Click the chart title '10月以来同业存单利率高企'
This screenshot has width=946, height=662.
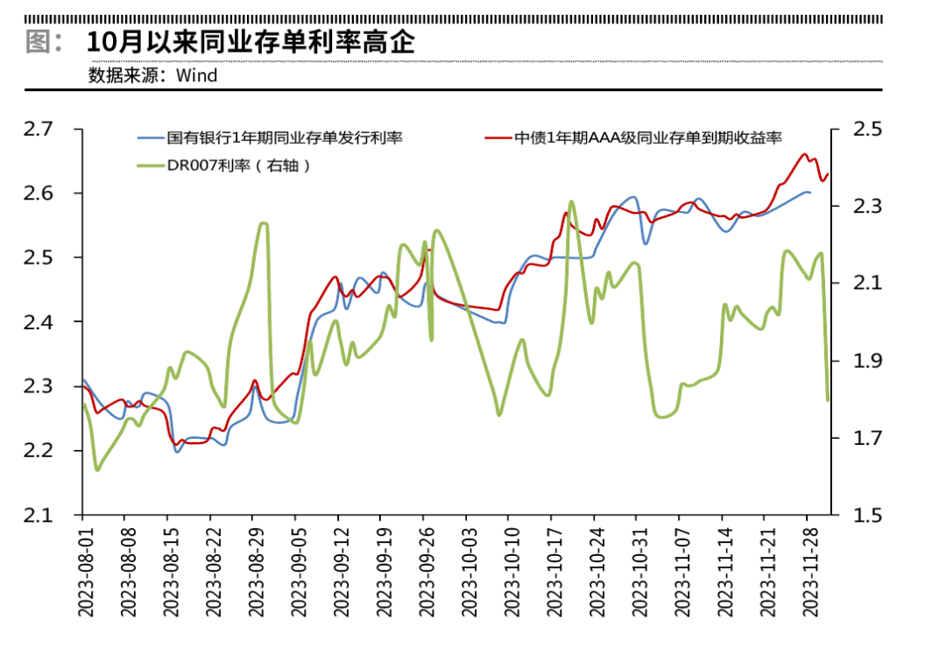point(251,42)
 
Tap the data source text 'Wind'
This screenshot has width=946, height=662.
point(197,76)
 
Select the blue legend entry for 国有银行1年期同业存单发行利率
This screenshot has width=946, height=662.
point(271,138)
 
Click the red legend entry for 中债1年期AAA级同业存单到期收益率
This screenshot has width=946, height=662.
point(633,138)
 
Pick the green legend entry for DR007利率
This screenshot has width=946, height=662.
point(224,165)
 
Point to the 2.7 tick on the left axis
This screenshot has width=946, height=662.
point(39,129)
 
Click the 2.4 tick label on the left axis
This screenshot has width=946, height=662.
point(39,322)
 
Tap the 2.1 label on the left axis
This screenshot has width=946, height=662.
point(39,516)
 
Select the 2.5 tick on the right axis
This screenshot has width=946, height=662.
point(867,129)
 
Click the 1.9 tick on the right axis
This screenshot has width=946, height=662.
point(867,361)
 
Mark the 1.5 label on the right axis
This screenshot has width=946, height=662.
point(867,516)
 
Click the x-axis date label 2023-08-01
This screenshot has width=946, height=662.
point(86,573)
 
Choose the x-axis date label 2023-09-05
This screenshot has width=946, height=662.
point(300,573)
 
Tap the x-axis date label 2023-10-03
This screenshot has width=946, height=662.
point(470,573)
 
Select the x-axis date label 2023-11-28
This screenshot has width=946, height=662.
point(811,573)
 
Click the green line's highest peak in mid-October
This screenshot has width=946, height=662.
point(571,201)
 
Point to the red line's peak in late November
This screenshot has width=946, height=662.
point(804,154)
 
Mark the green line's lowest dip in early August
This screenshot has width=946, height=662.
point(97,469)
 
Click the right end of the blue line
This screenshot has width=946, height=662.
point(809,193)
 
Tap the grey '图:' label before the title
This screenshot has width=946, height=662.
point(44,42)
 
